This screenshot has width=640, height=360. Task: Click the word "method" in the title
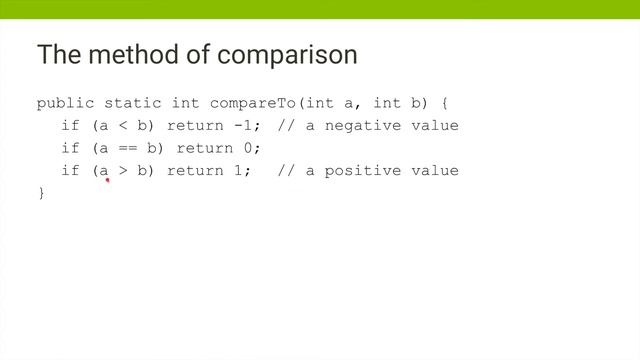(126, 55)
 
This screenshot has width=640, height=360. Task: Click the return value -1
(233, 125)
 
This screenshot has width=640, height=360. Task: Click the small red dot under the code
(106, 181)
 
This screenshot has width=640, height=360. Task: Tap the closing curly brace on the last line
(41, 192)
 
